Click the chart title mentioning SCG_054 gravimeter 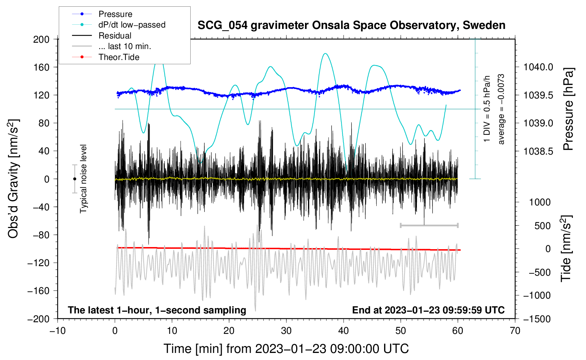click(x=351, y=25)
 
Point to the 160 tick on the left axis click(x=41, y=67)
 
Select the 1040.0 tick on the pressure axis click(x=538, y=67)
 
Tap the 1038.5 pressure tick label click(x=538, y=151)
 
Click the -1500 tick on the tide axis click(x=537, y=319)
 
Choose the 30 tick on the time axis click(x=286, y=331)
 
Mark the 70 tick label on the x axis click(x=515, y=331)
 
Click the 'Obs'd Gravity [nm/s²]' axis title click(x=13, y=179)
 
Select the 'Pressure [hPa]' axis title click(x=568, y=109)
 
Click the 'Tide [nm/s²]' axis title click(x=566, y=248)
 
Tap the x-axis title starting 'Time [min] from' click(x=286, y=349)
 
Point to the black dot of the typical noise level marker click(x=74, y=179)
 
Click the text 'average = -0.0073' click(x=501, y=109)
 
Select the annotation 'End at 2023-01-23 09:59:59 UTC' click(x=428, y=310)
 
